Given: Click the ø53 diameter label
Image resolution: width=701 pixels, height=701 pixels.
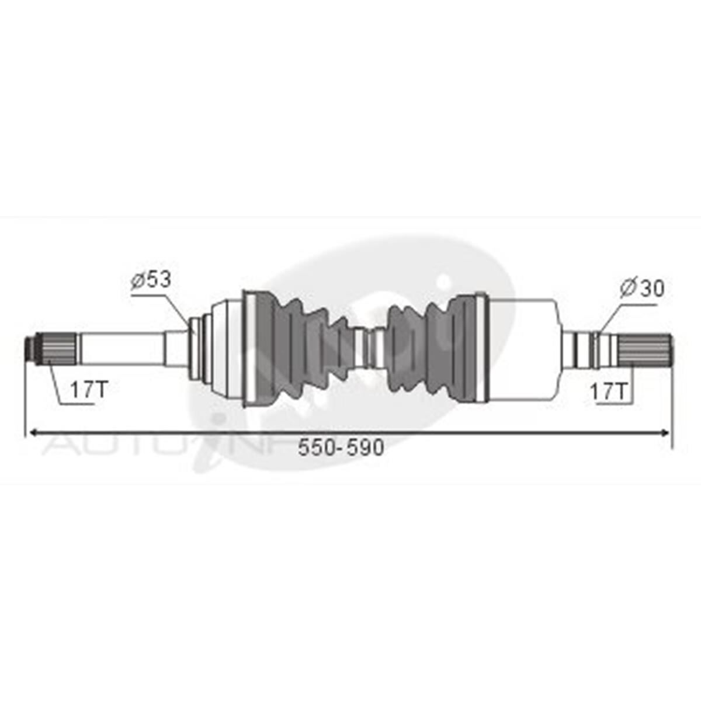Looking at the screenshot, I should point(151,280).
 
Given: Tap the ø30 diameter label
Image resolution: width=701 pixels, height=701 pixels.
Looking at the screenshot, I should point(642,288).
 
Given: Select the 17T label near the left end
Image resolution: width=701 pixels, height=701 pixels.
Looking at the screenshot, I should point(89,390).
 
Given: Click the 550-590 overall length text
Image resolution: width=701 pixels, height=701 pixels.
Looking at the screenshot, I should point(341,448).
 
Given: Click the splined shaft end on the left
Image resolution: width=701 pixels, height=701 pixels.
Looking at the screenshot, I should point(58,349).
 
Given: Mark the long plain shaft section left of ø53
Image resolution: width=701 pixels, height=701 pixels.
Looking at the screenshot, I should point(120,349).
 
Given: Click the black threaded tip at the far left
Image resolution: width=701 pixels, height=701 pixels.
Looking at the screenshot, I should point(28,349).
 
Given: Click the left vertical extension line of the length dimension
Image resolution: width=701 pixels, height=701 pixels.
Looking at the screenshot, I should point(26,403).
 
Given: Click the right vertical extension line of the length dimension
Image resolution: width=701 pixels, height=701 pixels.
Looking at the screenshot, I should point(672,403).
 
